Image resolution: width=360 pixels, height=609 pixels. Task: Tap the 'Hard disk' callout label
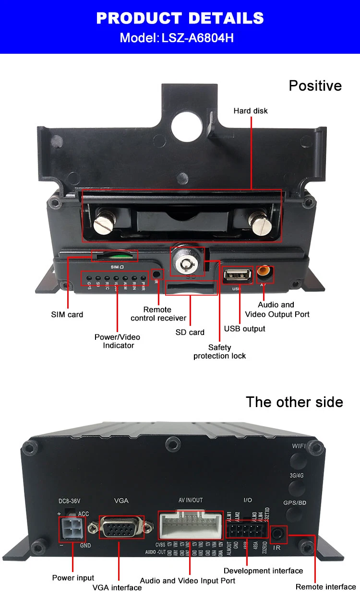[251, 111]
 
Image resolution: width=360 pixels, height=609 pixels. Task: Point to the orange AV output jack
[265, 273]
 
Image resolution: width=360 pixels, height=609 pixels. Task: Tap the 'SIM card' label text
[67, 315]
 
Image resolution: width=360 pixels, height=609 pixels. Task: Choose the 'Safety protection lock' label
[219, 351]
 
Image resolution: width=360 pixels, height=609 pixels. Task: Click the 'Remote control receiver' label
[158, 314]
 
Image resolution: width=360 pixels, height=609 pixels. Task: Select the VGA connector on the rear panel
[121, 530]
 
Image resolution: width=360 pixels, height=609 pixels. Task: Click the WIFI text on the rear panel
[299, 446]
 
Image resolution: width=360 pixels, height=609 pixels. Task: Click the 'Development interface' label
[263, 571]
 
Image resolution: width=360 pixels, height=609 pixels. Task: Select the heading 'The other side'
[294, 402]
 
